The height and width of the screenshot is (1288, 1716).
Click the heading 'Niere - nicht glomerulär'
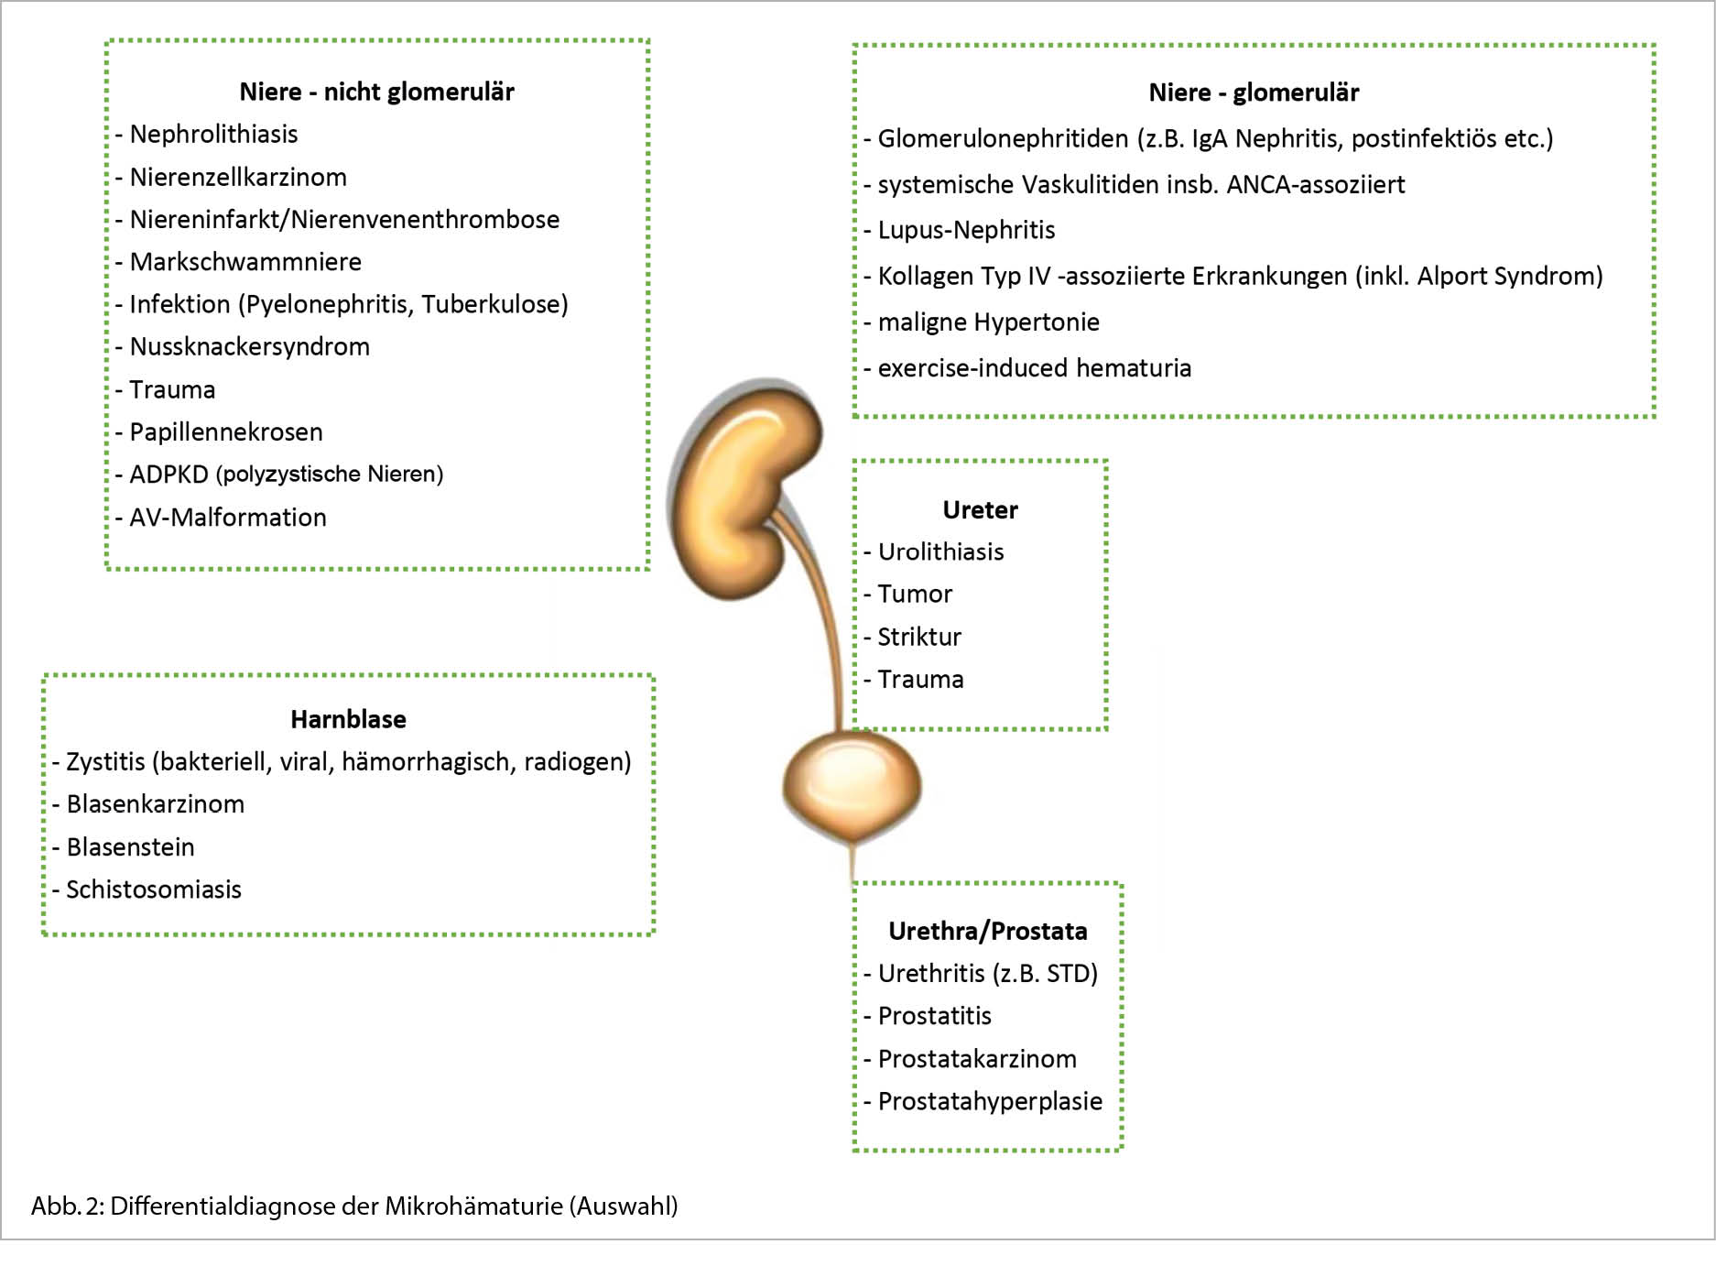pos(376,92)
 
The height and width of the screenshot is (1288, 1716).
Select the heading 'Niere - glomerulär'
pos(1253,93)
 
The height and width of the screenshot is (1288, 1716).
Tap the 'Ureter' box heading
pos(980,509)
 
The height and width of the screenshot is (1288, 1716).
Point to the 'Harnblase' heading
pos(348,719)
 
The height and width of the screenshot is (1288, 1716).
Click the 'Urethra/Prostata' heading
pos(987,931)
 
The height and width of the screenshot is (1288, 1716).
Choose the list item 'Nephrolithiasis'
pos(213,134)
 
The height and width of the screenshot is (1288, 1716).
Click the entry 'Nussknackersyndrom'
pos(249,346)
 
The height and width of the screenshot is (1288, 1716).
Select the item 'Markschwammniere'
pos(245,262)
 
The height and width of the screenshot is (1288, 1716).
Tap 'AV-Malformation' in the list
pos(227,518)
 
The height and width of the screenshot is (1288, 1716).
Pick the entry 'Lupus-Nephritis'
pos(966,230)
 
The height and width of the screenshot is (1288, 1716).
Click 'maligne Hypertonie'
pos(988,322)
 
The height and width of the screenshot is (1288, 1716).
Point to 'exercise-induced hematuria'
pos(1034,368)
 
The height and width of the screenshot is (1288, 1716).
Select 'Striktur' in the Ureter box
pos(919,637)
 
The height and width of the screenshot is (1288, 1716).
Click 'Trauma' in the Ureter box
pos(920,680)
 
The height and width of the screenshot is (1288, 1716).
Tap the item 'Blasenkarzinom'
pos(155,804)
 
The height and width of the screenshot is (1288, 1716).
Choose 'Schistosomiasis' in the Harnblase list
pos(153,890)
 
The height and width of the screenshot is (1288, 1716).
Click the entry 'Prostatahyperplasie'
pos(989,1101)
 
